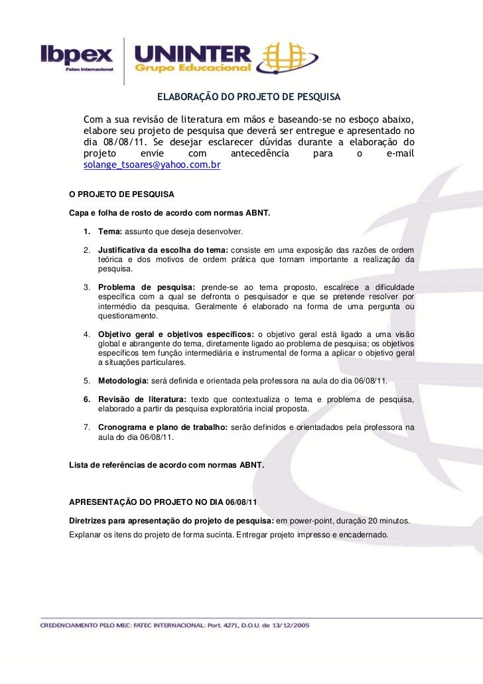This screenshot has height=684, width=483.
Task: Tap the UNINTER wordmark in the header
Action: click(192, 54)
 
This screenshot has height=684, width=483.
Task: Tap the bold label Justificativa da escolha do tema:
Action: click(163, 249)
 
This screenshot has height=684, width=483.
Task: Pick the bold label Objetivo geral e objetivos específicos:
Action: click(175, 334)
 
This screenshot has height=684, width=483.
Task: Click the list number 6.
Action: click(87, 399)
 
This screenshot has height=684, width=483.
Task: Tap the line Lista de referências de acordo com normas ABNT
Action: click(167, 466)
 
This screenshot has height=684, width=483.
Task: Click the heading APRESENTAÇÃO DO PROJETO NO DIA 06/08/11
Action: click(163, 503)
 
